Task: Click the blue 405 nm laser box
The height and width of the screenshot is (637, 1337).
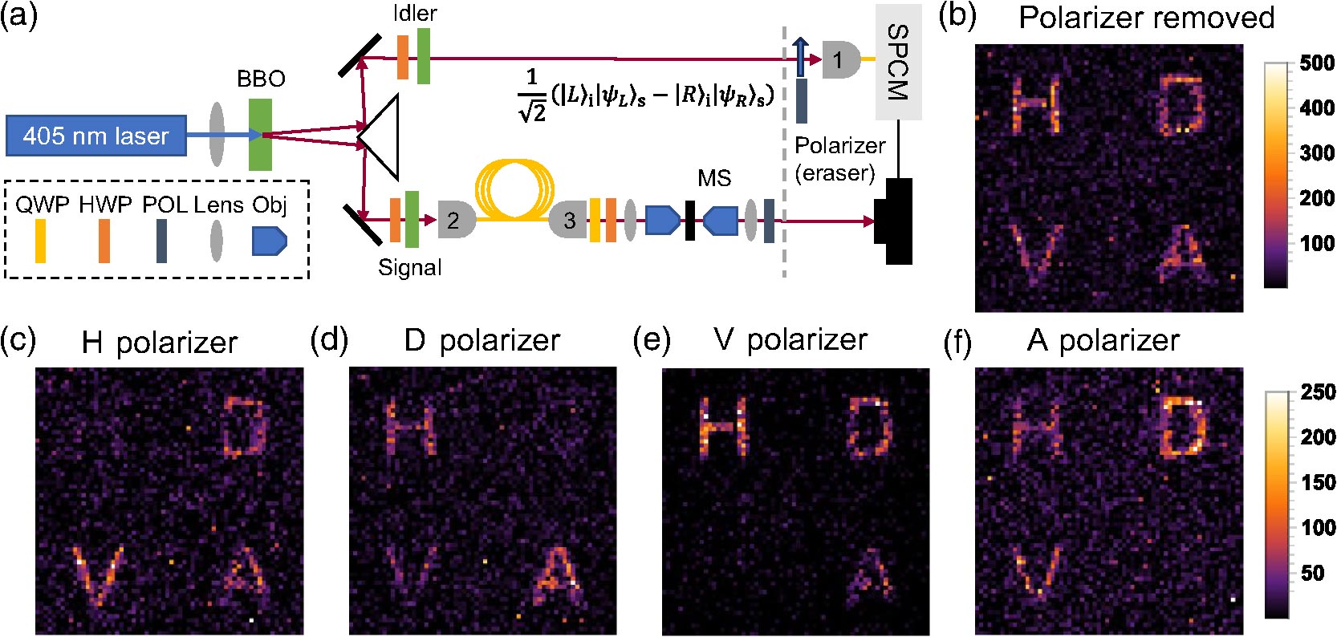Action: [95, 136]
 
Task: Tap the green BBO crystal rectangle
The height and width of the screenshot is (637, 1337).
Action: [260, 135]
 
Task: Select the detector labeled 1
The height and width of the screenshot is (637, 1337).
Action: [839, 59]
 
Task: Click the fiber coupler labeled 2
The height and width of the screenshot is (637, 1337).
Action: [455, 220]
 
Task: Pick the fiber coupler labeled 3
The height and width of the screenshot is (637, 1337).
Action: [567, 220]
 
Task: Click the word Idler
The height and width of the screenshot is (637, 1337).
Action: [415, 13]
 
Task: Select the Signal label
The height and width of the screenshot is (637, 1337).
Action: [409, 267]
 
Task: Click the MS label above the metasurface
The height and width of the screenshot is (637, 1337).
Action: [713, 178]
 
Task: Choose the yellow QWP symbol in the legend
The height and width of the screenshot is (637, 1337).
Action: [40, 241]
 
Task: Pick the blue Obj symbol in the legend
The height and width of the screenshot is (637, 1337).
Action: [269, 241]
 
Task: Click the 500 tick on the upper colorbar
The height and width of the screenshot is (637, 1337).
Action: [1317, 63]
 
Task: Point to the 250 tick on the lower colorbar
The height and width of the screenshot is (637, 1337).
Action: [1317, 392]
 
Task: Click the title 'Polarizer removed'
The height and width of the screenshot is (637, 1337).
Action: [1146, 18]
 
